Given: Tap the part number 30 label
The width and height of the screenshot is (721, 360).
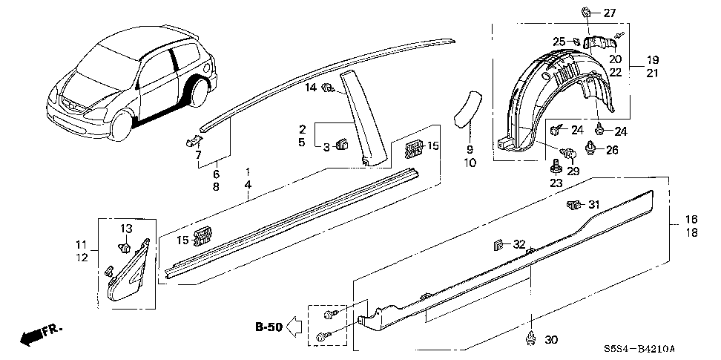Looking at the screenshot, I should click(x=550, y=340).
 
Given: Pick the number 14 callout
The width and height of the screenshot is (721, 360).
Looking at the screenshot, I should click(x=310, y=88).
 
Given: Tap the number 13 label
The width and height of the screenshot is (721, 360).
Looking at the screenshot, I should click(x=125, y=227).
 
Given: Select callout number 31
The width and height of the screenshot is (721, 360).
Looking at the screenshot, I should click(x=593, y=205).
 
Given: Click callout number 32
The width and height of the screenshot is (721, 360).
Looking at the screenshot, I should click(x=518, y=244).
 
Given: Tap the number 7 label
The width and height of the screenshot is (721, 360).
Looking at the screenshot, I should click(x=198, y=154).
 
